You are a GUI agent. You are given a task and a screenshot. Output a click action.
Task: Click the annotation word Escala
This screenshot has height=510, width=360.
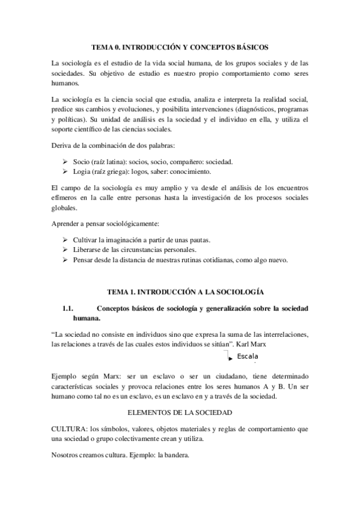click(248, 357)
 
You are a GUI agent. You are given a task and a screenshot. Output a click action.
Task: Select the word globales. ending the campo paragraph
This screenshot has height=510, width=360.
click(65, 208)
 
